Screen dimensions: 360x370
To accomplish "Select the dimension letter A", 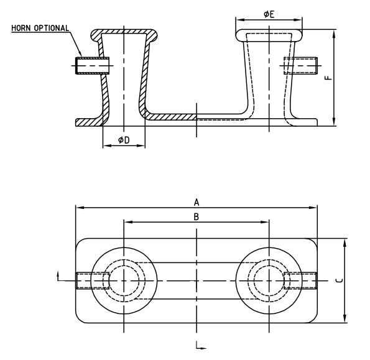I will [x=197, y=202].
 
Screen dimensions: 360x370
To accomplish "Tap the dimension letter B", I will [x=197, y=217].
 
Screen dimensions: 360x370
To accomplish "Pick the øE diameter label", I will [x=269, y=14].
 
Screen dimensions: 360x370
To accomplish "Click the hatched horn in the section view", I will [x=92, y=65].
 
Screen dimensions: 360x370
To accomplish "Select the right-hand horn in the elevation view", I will [x=302, y=65].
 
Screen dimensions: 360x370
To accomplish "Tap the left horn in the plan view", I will [x=84, y=281].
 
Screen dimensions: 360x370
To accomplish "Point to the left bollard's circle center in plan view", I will [x=124, y=281].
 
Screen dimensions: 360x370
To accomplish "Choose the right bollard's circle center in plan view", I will [x=269, y=281].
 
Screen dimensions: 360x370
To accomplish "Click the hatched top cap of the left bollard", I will [x=124, y=31].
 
